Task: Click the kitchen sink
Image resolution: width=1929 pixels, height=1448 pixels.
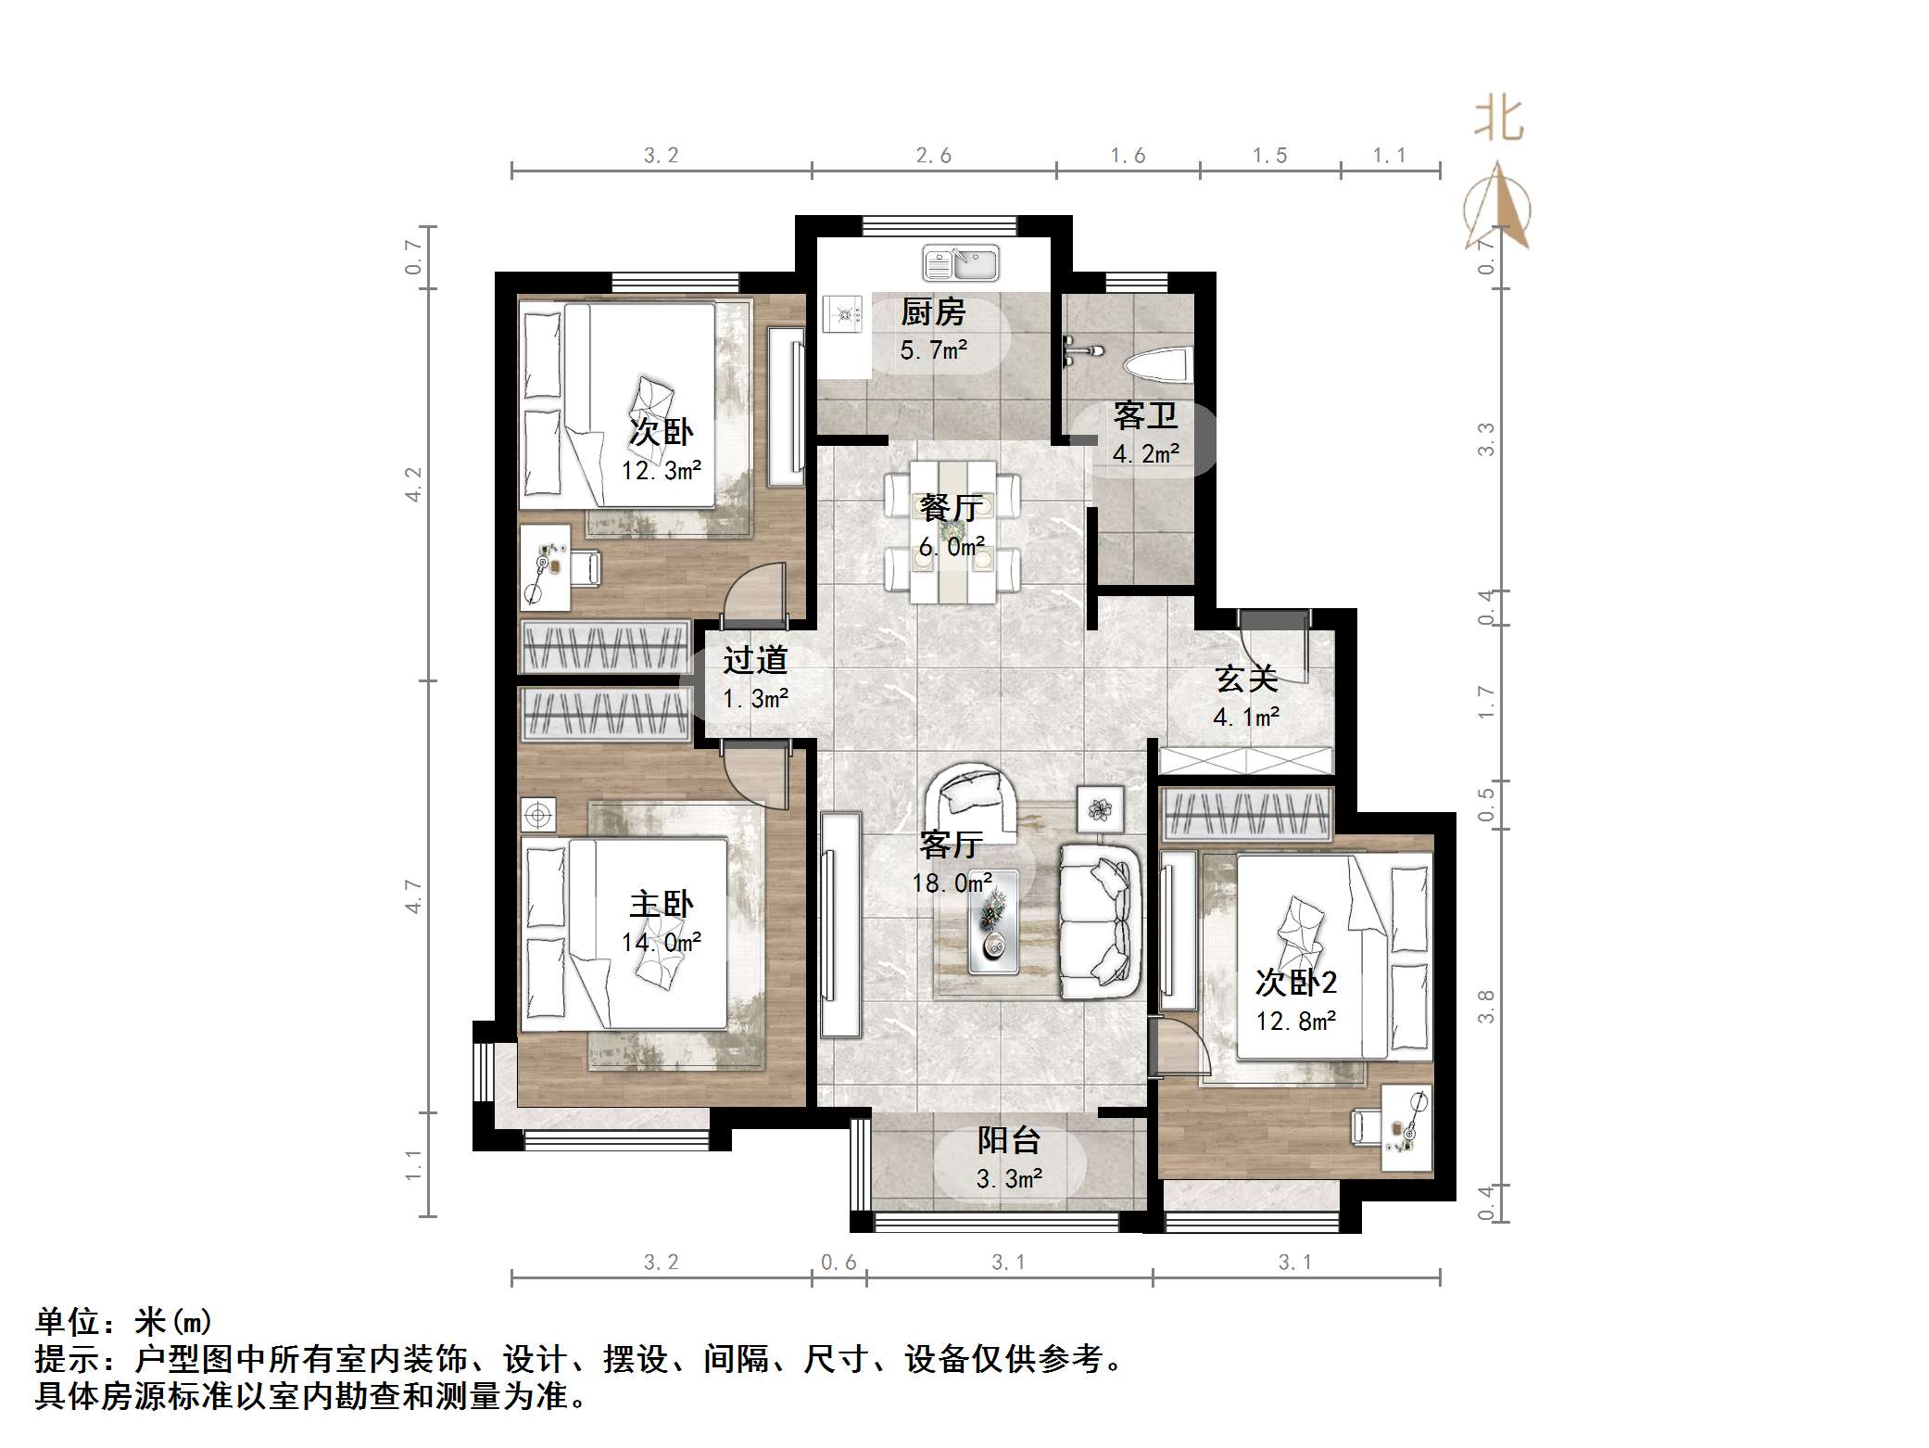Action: (x=961, y=263)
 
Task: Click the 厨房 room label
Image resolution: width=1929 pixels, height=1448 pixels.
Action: (x=933, y=312)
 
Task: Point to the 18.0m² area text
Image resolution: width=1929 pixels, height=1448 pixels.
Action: (x=952, y=883)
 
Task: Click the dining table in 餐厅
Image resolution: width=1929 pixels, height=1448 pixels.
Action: (x=952, y=531)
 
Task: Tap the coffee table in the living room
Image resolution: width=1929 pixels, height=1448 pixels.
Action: (x=992, y=921)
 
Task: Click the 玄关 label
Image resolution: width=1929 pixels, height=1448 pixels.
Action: (x=1246, y=679)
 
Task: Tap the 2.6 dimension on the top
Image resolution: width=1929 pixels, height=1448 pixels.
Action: (x=934, y=156)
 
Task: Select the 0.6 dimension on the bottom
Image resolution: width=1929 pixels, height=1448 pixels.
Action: (x=838, y=1262)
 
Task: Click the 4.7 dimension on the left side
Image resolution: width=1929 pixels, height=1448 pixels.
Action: (x=414, y=896)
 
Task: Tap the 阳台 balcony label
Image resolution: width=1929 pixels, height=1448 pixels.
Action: (x=1009, y=1140)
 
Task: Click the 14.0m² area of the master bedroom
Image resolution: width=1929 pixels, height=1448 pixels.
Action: (x=661, y=943)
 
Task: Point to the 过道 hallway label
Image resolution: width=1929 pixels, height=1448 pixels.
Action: (x=755, y=660)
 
